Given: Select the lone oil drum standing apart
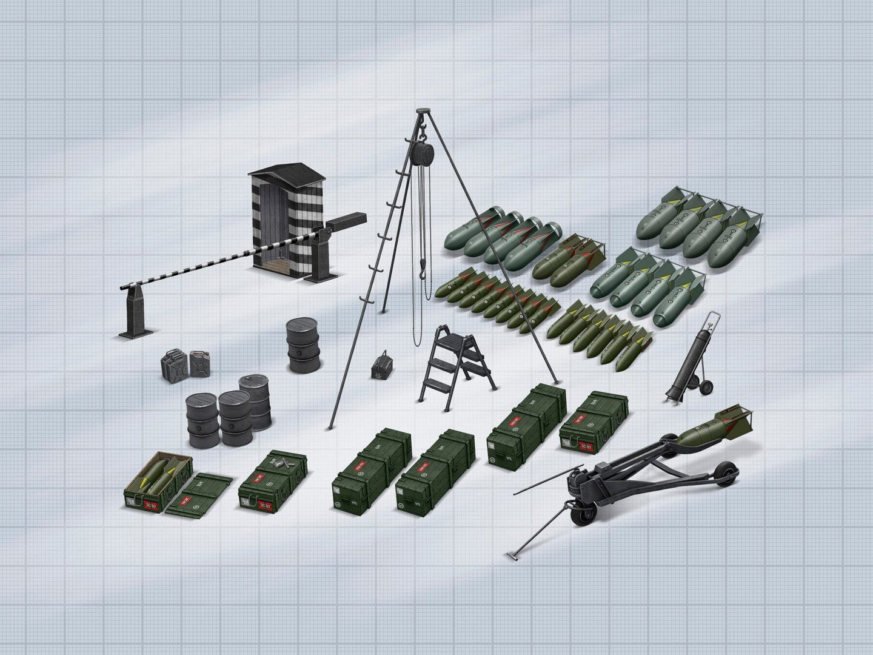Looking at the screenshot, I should [303, 346].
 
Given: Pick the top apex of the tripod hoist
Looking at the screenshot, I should [420, 112].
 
